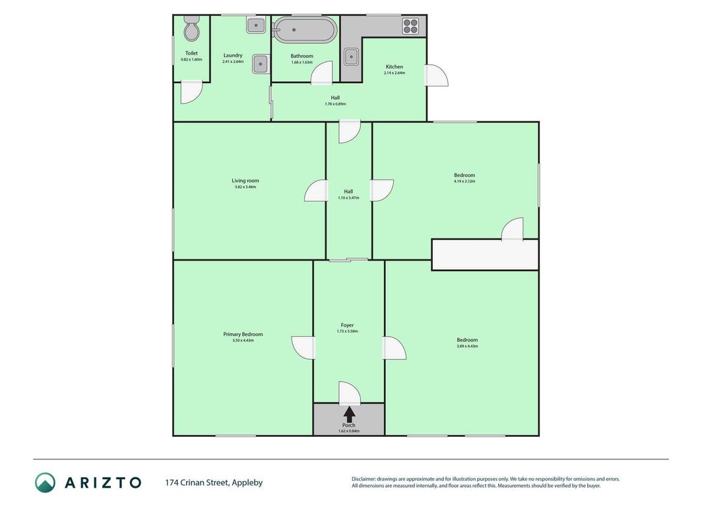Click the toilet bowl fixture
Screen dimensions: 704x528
[192, 28]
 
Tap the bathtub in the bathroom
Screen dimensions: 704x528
[305, 30]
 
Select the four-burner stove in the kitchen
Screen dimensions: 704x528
[410, 26]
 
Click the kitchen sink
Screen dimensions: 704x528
[351, 57]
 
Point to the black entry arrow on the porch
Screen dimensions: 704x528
[349, 414]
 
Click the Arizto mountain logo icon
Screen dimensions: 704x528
[46, 482]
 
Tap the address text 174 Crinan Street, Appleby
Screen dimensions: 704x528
[214, 482]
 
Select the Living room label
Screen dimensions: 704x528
[245, 180]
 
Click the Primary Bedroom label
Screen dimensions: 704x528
[243, 334]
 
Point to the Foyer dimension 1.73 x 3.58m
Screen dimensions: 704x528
[347, 331]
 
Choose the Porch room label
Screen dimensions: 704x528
[349, 425]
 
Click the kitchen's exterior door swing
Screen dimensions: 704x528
[437, 75]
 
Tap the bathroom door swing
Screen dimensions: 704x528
[322, 73]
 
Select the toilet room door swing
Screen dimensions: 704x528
[191, 92]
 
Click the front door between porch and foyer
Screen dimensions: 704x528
[350, 393]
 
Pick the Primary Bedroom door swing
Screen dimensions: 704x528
[303, 348]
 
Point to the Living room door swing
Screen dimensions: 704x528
[315, 190]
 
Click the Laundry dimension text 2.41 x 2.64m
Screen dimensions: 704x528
[233, 61]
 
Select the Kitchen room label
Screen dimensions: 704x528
[394, 67]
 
